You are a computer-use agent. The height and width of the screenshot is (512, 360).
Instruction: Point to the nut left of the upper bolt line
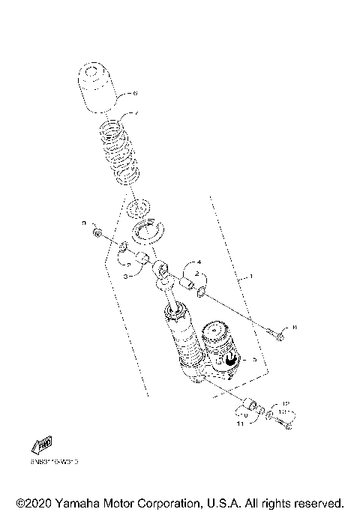(98, 234)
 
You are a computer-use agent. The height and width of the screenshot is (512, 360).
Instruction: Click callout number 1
(251, 278)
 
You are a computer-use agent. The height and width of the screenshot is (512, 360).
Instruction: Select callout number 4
(199, 262)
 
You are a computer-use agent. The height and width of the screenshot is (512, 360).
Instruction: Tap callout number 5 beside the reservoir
(255, 360)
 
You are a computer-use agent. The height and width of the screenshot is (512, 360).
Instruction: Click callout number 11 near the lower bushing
(241, 424)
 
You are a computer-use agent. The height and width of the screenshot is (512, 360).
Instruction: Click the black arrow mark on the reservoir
(230, 361)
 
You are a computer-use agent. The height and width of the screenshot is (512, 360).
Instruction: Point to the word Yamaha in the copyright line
(73, 502)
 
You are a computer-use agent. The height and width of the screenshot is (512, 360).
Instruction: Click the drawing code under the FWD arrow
(55, 463)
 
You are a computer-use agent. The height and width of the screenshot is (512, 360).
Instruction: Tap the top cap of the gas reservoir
(217, 329)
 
